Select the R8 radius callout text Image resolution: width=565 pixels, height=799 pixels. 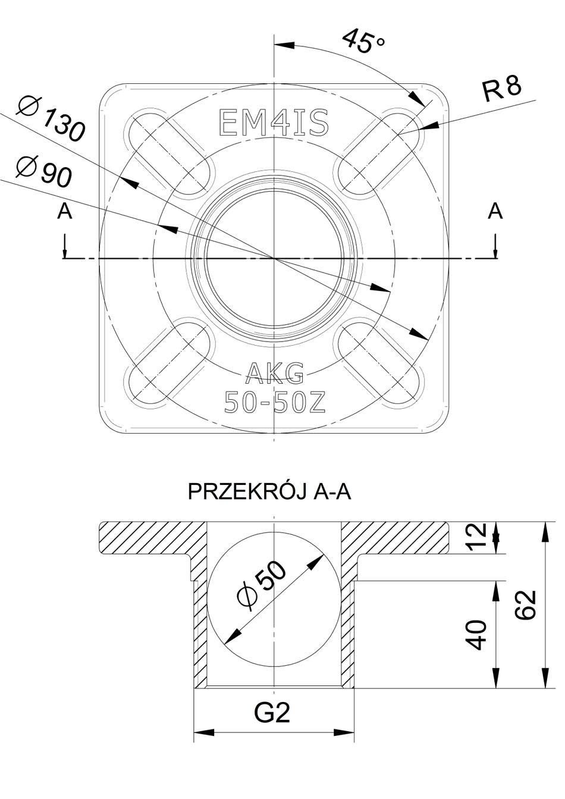pos(502,89)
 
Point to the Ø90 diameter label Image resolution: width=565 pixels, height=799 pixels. pos(45,170)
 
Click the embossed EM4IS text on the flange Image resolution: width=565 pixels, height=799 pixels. pos(274,123)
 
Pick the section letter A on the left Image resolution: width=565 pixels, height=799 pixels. pos(65,211)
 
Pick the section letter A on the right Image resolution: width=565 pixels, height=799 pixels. pos(495,211)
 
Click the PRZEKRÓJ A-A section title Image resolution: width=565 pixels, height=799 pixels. pos(269,492)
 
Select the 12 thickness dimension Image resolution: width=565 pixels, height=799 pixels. pos(482,537)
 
